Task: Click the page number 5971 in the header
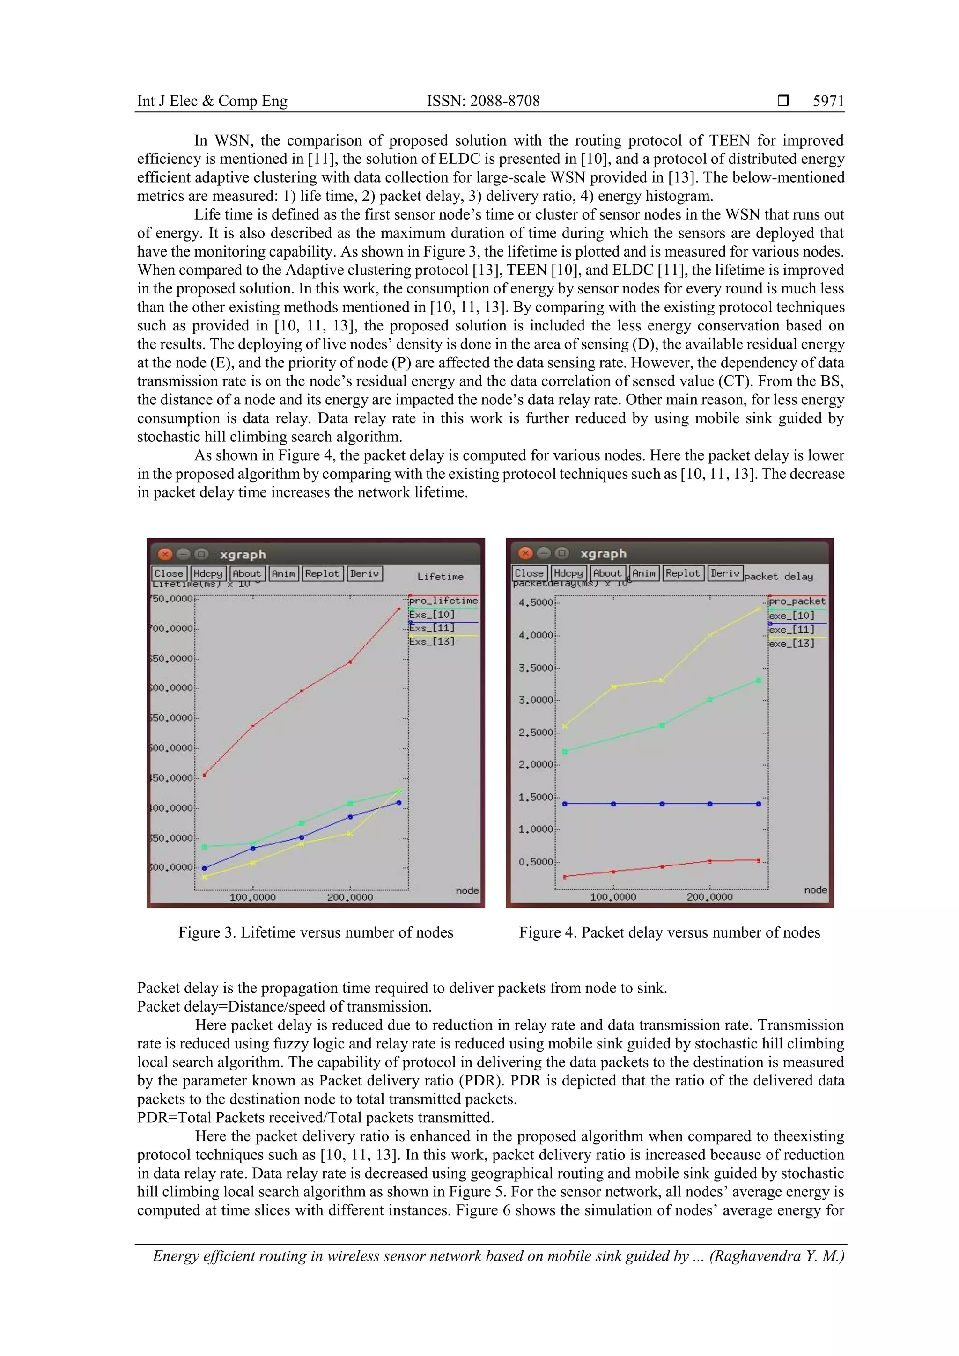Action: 828,101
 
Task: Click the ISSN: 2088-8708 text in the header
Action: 483,101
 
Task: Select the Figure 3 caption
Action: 316,932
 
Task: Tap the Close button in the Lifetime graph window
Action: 169,573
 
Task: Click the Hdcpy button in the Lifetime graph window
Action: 208,573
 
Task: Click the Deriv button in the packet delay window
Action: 724,573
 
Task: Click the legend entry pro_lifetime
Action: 443,601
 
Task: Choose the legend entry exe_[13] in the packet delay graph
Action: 791,644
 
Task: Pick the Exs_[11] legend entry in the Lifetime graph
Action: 432,628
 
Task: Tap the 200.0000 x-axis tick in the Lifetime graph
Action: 350,897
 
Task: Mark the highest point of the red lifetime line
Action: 399,609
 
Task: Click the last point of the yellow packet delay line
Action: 759,609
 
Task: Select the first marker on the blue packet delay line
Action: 565,804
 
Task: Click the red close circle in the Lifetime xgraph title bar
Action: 165,554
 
